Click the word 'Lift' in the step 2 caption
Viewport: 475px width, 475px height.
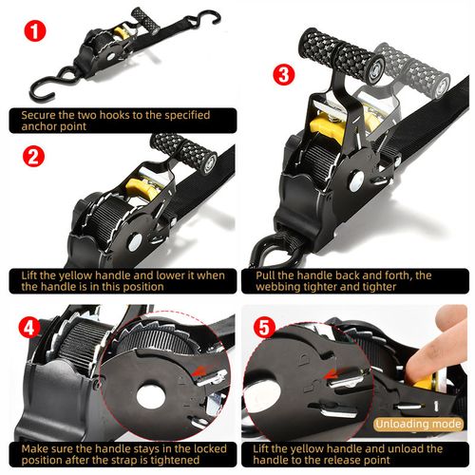pyautogui.click(x=33, y=275)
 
